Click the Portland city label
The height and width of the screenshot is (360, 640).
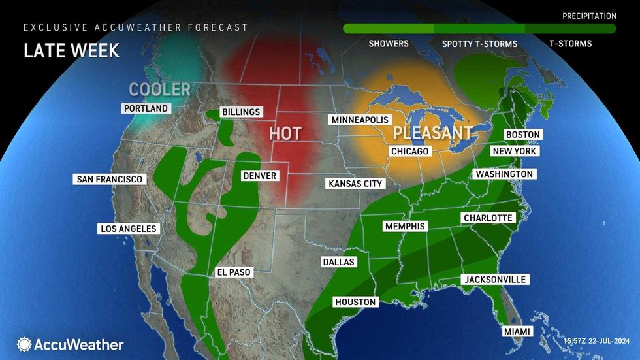146,108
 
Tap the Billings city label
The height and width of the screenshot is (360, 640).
241,112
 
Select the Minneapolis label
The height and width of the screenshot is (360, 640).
360,120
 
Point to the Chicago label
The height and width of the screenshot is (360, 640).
409,152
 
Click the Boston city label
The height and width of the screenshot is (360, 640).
523,135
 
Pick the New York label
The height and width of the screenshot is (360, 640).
515,151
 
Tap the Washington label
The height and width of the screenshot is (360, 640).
504,174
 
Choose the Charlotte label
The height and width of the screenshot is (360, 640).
488,218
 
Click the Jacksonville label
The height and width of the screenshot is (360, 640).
494,280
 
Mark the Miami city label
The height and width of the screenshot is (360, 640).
517,332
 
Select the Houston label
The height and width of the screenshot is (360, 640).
355,302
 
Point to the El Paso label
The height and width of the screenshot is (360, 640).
233,272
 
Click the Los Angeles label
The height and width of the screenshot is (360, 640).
128,229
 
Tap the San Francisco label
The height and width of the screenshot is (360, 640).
109,179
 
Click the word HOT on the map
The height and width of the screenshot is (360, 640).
285,134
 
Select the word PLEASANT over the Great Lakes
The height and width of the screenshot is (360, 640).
432,133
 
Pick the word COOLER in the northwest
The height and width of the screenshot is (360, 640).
159,90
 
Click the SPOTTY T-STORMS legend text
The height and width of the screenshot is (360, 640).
479,44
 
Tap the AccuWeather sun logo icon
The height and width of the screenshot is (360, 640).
24,344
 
